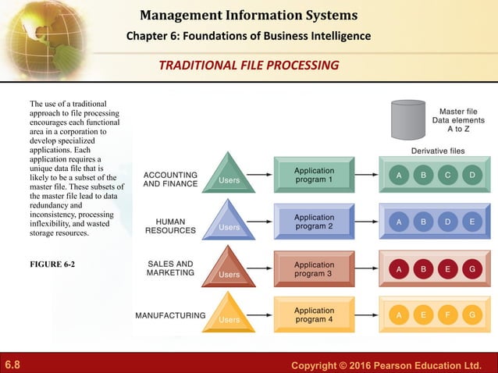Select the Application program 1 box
(x=314, y=175)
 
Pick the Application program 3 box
(x=314, y=269)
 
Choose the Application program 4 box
(x=314, y=314)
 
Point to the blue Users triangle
(x=229, y=222)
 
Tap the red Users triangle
(x=229, y=268)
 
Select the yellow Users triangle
(x=229, y=314)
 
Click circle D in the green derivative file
(x=472, y=176)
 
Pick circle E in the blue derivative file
(x=472, y=222)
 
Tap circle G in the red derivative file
(x=472, y=269)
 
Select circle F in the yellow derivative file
(x=448, y=315)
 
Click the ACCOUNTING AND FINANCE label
(x=170, y=179)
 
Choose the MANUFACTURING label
(x=170, y=316)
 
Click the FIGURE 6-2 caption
(x=52, y=264)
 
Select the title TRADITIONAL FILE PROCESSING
(x=248, y=65)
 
